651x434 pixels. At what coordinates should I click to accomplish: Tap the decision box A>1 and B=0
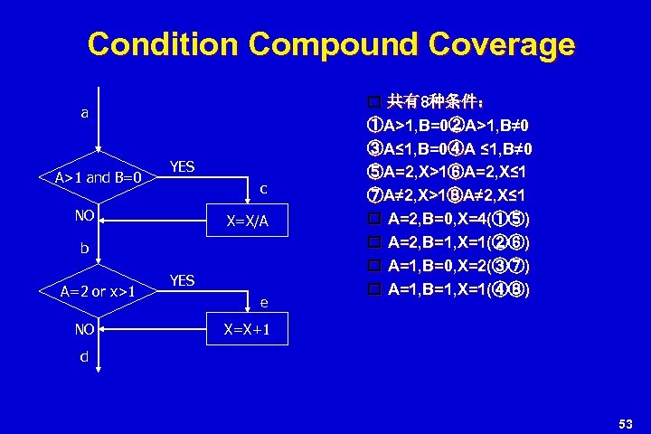98,177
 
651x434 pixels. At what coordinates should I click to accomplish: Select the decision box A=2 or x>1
98,291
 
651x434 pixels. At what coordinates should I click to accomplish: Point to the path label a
85,113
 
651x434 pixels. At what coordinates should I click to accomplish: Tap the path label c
263,189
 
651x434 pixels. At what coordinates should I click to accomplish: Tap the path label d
84,356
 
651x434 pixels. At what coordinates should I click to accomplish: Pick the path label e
263,304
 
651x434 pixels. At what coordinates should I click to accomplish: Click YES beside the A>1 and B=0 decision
182,166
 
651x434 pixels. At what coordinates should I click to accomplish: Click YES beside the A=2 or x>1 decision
182,280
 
